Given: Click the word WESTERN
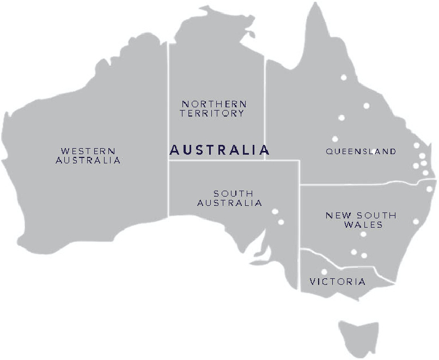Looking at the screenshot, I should point(88,150).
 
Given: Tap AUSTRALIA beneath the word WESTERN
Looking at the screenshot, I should point(88,161).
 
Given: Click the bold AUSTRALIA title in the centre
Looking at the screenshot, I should point(219,150).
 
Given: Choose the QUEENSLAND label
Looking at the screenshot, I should point(361,151).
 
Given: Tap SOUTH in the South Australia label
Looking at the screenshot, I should point(233,193).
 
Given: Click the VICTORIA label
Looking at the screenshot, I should point(338,282).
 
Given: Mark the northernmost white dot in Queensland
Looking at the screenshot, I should point(344,77).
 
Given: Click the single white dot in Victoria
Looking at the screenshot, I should point(324,272).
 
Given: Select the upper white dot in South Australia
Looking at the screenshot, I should point(275,211).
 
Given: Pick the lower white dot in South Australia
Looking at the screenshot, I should point(281,222).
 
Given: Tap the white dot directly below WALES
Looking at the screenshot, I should point(363,235).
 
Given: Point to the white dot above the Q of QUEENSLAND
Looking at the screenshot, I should point(335,139).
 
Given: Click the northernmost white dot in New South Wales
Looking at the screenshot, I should point(429,189).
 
